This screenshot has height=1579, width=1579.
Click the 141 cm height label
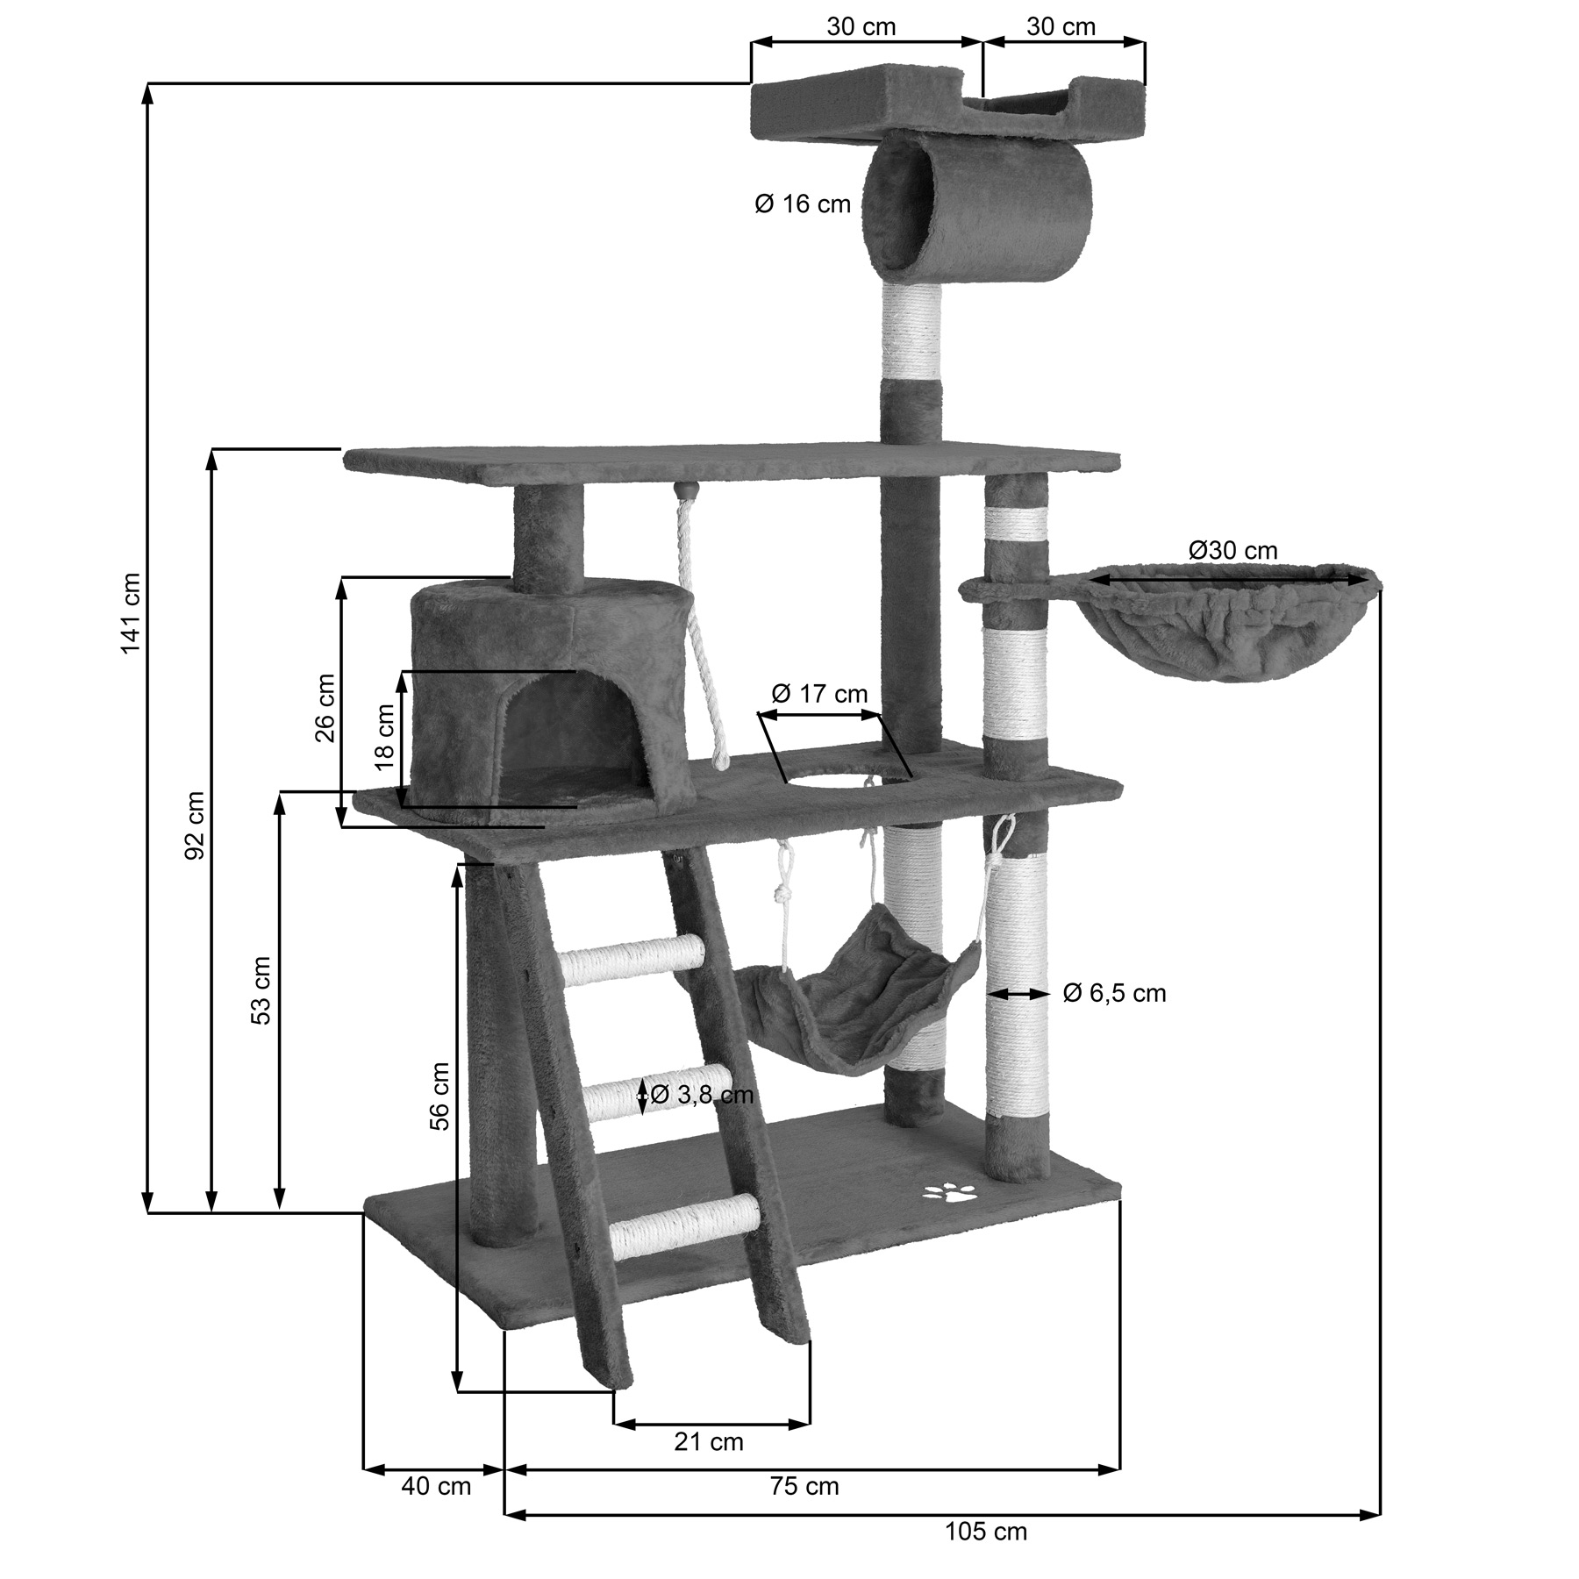(x=131, y=612)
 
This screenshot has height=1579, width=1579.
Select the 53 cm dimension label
(x=261, y=990)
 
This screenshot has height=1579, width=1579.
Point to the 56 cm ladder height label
(x=439, y=1096)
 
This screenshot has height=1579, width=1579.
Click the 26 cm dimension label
(x=325, y=707)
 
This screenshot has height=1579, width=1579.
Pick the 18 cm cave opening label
(x=385, y=737)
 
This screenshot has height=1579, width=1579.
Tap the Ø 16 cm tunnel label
(x=803, y=204)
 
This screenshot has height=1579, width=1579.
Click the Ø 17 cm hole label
(x=819, y=694)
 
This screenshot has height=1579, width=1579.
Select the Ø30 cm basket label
(x=1232, y=550)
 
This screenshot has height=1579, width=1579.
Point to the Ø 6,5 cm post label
(x=1114, y=993)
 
